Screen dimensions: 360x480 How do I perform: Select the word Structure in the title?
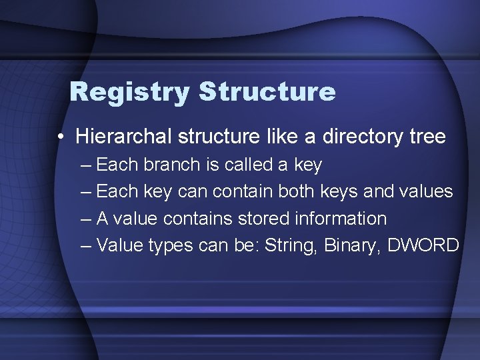point(267,92)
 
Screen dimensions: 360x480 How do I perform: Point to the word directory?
point(360,137)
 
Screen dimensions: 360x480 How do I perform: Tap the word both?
point(297,191)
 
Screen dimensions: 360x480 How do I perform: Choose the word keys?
point(343,192)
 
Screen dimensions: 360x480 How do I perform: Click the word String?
point(291,245)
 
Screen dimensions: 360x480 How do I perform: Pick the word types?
point(171,246)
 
